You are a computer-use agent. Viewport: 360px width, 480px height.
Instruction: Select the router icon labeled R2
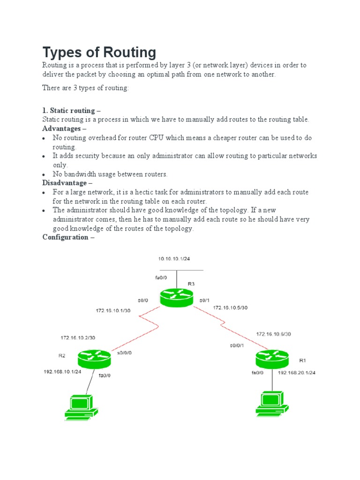95,359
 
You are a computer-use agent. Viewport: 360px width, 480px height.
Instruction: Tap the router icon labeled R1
272,359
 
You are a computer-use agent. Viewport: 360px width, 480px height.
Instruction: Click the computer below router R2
81,406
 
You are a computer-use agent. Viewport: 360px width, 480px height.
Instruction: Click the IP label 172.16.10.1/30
112,310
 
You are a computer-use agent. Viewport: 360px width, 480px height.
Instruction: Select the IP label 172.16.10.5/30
230,307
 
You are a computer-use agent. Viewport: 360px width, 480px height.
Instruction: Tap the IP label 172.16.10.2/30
77,337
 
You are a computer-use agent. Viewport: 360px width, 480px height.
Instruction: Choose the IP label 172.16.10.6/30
273,334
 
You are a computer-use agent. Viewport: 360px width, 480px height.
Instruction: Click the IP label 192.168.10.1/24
62,371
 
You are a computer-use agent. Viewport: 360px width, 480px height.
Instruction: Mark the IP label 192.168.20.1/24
297,373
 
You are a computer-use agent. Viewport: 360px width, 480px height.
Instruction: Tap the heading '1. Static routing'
71,111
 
